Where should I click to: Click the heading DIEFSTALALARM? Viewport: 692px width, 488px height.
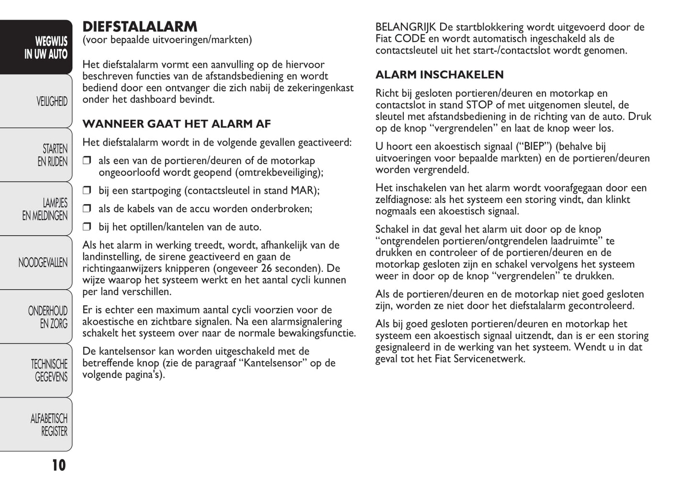pos(139,27)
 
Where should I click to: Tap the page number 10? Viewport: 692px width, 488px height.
pos(58,465)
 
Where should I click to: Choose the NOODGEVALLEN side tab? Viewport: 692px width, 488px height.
pos(43,262)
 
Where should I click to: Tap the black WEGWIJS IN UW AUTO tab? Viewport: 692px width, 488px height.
pos(46,47)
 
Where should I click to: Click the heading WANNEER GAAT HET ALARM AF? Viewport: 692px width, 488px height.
pos(177,124)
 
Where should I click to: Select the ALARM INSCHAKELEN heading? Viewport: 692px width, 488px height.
pos(439,75)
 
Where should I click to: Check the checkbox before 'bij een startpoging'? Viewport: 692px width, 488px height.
pos(87,191)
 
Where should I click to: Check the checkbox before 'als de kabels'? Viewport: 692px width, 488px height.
pos(87,209)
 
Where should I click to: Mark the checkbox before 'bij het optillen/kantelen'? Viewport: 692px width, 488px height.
pos(87,227)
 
